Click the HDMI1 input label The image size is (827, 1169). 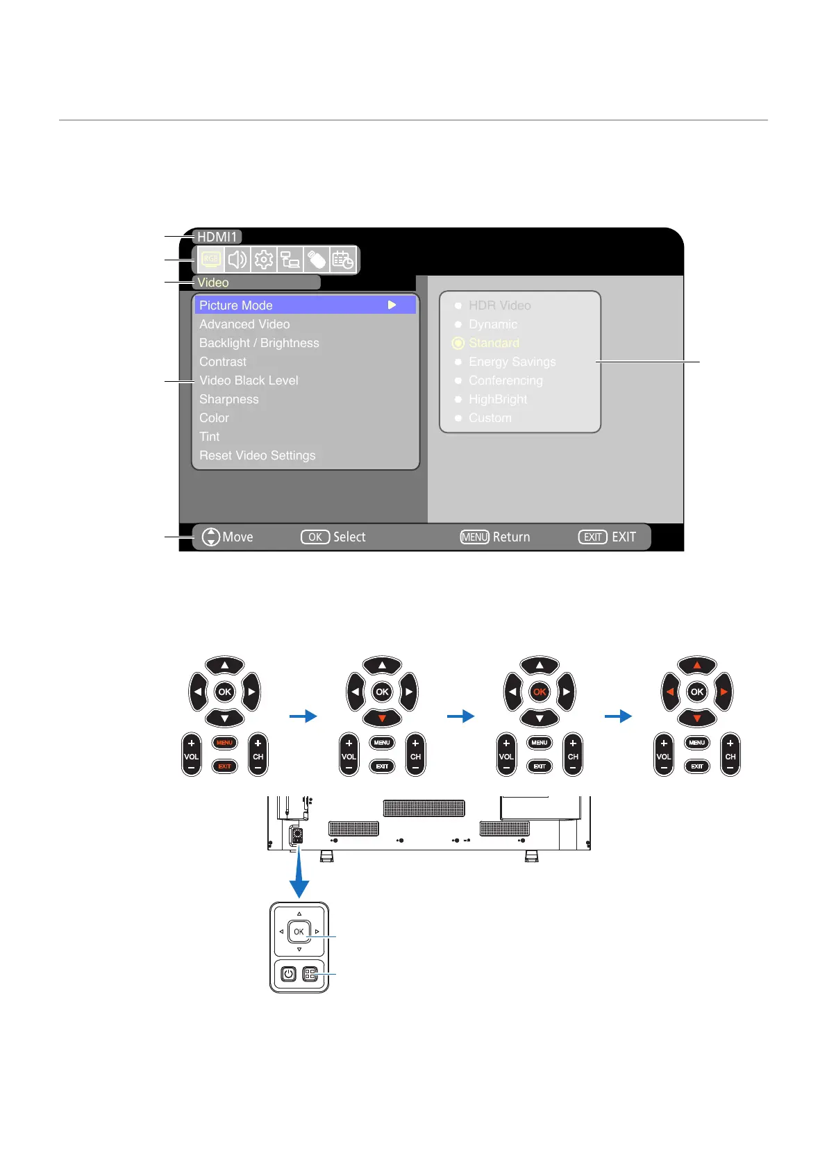point(217,237)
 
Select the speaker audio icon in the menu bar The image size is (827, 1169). point(237,260)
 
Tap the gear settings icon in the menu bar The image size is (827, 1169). point(263,260)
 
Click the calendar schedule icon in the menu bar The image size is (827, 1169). point(342,260)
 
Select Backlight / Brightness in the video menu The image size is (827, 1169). point(259,343)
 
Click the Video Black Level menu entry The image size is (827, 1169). point(249,380)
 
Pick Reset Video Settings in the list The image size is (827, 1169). point(257,455)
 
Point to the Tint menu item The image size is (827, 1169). point(209,437)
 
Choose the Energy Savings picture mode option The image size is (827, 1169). point(512,362)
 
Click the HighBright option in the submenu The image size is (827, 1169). point(497,399)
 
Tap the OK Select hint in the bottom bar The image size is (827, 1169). point(333,537)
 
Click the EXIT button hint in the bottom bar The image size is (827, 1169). point(607,537)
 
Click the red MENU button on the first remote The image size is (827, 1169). point(224,743)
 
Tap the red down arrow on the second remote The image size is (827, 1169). point(382,718)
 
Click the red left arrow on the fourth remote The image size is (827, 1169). point(670,692)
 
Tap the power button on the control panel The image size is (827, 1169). point(289,974)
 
